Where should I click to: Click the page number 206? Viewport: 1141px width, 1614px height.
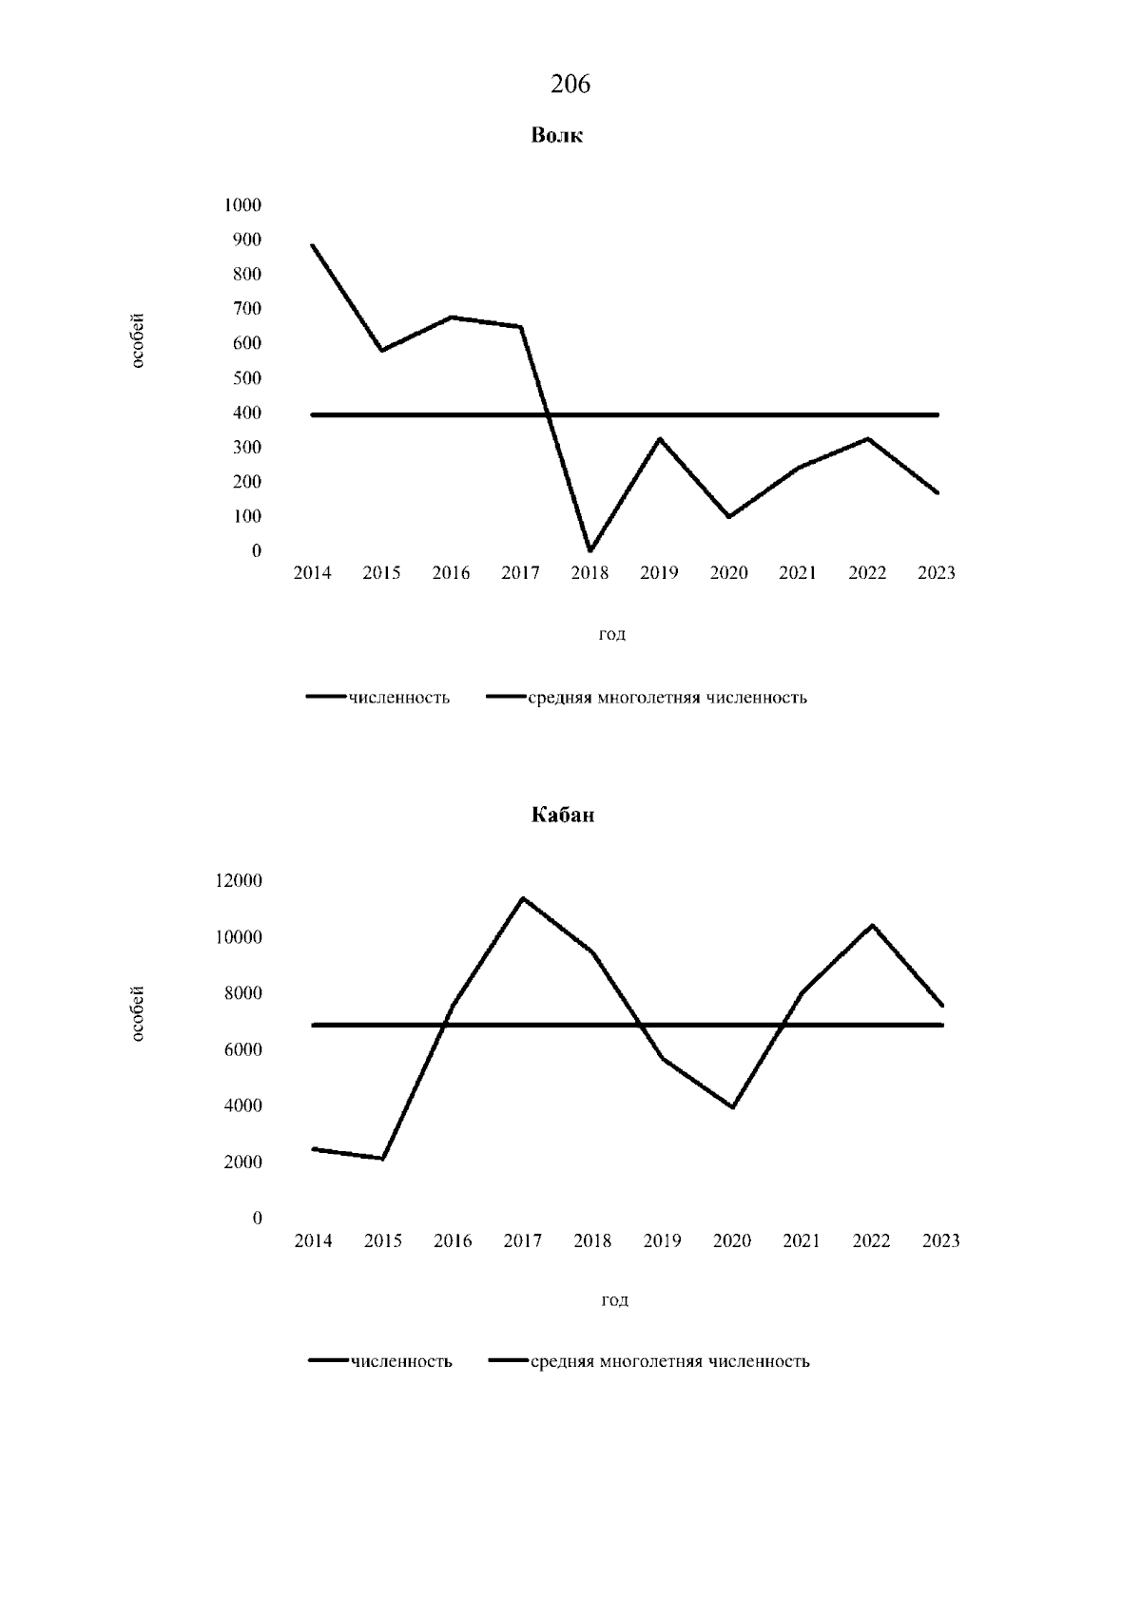tap(570, 85)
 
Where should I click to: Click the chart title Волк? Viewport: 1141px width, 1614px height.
tap(556, 136)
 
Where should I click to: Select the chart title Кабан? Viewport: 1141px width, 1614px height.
tap(563, 816)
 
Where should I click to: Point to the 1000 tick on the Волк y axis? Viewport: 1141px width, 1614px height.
tap(242, 205)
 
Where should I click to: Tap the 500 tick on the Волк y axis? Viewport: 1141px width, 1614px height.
tap(246, 378)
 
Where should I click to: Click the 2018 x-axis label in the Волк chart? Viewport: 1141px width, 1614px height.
tap(590, 573)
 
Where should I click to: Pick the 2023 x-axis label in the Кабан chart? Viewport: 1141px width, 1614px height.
tap(940, 1241)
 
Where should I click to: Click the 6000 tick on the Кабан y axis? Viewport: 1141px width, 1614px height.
tap(242, 1050)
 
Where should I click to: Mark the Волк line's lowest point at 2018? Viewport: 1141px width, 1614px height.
tap(590, 550)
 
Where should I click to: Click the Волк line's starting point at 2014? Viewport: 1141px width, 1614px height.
tap(313, 245)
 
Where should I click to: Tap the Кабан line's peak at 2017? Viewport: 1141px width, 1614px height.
tap(522, 898)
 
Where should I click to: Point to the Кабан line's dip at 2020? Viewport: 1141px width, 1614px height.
tap(732, 1107)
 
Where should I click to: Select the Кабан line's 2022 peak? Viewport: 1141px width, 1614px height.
tap(872, 925)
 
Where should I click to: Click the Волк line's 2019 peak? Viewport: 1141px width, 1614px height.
tap(660, 438)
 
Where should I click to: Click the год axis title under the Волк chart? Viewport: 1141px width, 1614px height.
tap(611, 635)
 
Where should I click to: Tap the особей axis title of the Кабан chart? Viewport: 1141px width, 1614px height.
tap(138, 1015)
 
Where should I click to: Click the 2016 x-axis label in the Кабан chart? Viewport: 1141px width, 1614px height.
tap(453, 1241)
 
